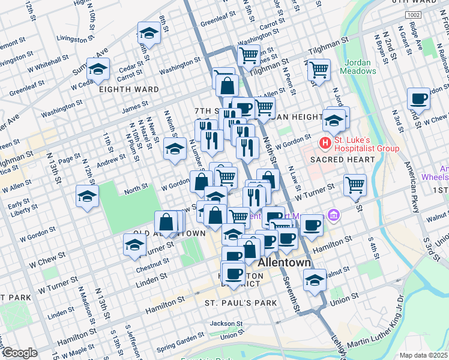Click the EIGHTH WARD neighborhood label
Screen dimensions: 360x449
[x=130, y=89]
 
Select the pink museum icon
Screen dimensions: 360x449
[x=334, y=215]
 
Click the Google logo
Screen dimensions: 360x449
[x=20, y=353]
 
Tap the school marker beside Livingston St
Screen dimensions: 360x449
[x=149, y=33]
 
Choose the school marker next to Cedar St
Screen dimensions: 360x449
[x=98, y=68]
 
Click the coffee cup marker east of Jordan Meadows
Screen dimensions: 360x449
[x=418, y=98]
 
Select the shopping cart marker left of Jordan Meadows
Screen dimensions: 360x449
[x=319, y=70]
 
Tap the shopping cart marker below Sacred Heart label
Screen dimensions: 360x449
[x=355, y=185]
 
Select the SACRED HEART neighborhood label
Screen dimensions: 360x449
[x=342, y=160]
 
